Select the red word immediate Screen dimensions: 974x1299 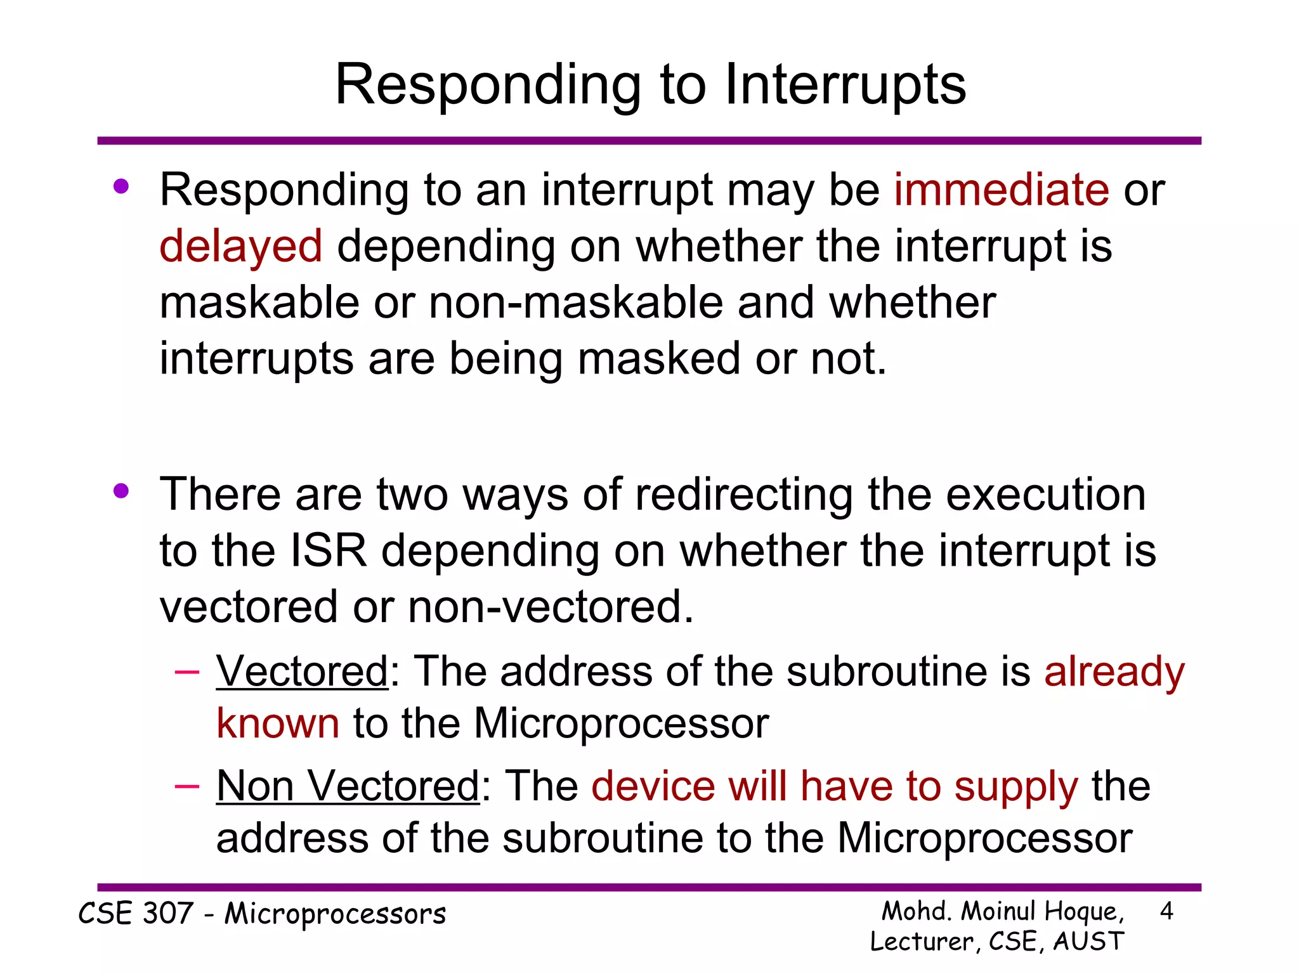[x=1002, y=190]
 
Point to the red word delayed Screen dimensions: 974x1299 [x=241, y=246]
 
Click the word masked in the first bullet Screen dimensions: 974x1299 [x=659, y=359]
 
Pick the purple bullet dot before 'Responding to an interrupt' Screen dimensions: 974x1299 [x=121, y=187]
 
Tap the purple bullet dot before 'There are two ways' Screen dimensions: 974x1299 [x=121, y=491]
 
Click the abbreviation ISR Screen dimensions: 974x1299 [x=328, y=550]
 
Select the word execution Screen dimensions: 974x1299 [x=1046, y=495]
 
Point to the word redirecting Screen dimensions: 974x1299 [x=744, y=495]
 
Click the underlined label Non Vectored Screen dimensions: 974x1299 [x=348, y=786]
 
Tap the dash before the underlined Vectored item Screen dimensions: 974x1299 [x=187, y=671]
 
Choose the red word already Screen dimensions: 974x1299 [x=1114, y=672]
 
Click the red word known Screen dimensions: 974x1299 [x=278, y=723]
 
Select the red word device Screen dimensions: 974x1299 [x=653, y=786]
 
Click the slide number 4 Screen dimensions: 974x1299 [x=1166, y=912]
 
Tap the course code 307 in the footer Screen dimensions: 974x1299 [x=167, y=914]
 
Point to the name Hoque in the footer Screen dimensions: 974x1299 [x=1083, y=912]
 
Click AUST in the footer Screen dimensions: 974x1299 [x=1088, y=942]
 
